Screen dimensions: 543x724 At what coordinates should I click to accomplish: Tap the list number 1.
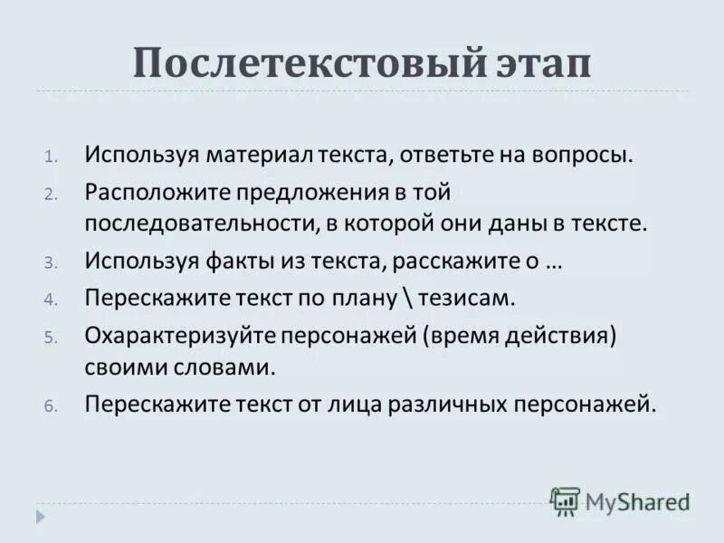51,156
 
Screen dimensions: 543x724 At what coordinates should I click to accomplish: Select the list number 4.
51,299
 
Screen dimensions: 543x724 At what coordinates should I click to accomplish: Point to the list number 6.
51,407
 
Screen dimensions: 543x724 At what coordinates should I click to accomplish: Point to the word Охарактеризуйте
180,336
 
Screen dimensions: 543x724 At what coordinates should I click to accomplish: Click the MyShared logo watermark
620,500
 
